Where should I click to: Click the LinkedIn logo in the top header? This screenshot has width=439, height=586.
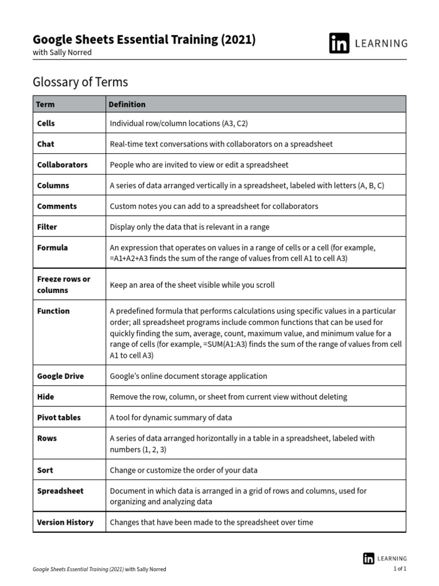pos(339,43)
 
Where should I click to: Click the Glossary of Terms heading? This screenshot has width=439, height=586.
pos(80,82)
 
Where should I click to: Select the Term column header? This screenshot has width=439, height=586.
pos(46,104)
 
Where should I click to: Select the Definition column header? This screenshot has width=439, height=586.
pos(127,104)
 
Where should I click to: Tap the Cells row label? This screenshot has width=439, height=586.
pos(46,123)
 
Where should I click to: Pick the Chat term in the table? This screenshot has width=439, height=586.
pos(46,144)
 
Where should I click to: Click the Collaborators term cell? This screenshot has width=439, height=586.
pos(62,165)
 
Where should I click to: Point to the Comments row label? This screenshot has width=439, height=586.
pos(57,206)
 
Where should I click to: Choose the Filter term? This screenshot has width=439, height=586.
pos(47,227)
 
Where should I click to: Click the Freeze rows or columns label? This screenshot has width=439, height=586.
pos(63,284)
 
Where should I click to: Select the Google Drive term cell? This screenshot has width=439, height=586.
pos(60,376)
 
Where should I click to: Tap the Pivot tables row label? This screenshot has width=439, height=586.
pos(59,417)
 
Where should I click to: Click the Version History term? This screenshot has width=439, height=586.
pos(65,522)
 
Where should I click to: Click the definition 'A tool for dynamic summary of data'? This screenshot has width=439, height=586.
pos(170,417)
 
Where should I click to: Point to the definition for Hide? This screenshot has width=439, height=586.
pos(228,397)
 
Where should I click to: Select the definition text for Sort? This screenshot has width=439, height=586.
pos(183,470)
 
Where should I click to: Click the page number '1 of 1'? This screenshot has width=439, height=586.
pos(400,569)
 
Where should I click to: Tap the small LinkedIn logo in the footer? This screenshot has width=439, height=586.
pos(369,558)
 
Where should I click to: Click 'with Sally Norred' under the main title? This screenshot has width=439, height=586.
pos(62,53)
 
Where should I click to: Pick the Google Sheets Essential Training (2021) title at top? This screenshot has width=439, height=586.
pos(144,39)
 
